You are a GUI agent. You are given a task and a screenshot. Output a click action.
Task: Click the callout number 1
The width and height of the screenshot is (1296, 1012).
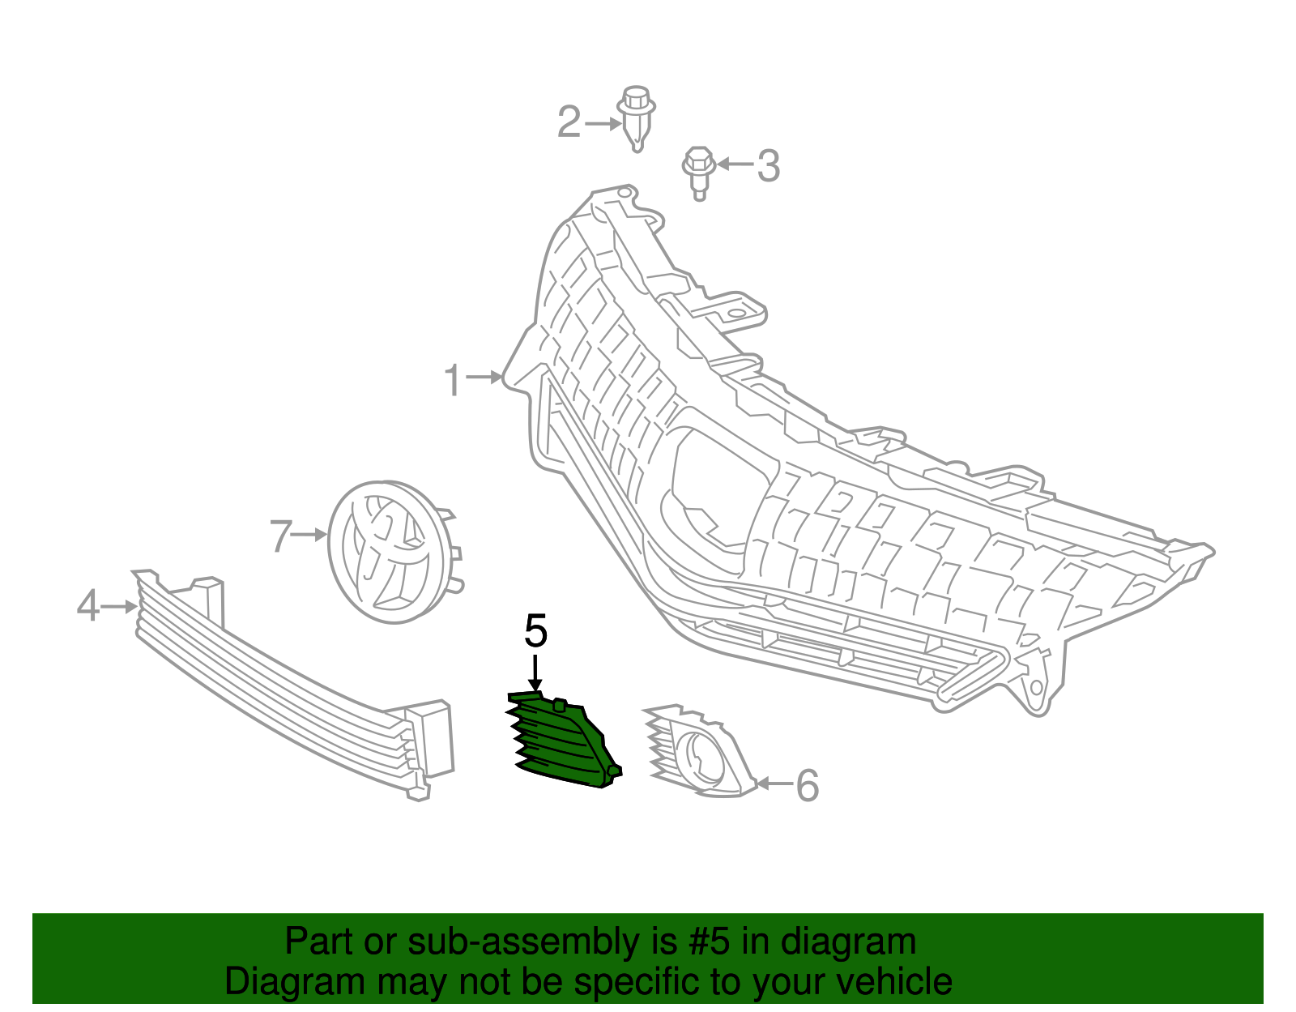[453, 380]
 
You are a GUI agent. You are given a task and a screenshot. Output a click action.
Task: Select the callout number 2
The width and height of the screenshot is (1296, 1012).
[569, 122]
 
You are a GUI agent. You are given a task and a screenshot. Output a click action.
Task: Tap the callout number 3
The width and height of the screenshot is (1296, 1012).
[769, 166]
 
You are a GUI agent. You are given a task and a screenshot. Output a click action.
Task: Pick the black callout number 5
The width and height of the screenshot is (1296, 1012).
[535, 631]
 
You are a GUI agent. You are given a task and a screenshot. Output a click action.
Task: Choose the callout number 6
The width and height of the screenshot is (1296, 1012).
[808, 785]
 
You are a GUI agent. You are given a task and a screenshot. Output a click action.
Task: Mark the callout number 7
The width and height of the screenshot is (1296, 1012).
[281, 536]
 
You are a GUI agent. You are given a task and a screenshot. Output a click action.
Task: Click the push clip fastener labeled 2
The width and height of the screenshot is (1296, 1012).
[637, 119]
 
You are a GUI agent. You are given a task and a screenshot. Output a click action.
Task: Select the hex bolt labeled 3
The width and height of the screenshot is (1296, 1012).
[699, 173]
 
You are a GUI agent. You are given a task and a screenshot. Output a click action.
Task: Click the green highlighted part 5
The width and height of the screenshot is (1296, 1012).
[564, 740]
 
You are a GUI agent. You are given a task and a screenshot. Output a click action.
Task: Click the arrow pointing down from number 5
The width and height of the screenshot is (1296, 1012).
[535, 673]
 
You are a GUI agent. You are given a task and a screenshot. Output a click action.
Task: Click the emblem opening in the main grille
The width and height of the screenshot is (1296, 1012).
[718, 490]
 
